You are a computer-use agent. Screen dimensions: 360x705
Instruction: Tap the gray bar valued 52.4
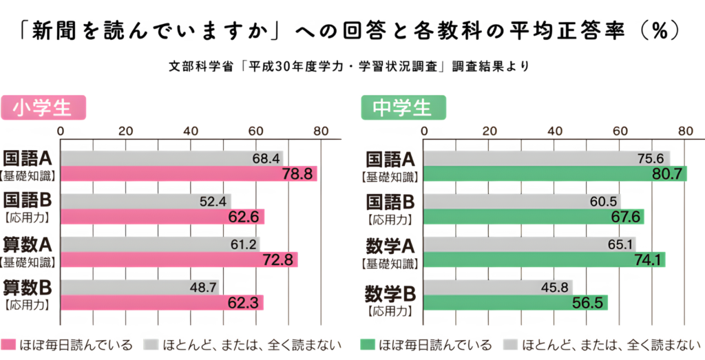pyautogui.click(x=145, y=201)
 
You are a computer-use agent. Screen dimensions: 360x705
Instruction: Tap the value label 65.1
pyautogui.click(x=616, y=244)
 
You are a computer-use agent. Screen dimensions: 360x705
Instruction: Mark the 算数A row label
pyautogui.click(x=28, y=245)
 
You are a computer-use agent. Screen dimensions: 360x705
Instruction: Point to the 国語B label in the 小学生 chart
pyautogui.click(x=28, y=201)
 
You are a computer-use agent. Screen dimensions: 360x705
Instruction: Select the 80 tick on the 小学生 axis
pyautogui.click(x=321, y=131)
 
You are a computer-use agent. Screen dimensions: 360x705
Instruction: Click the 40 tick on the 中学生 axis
pyautogui.click(x=555, y=131)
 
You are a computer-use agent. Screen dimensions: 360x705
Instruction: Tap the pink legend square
pyautogui.click(x=8, y=344)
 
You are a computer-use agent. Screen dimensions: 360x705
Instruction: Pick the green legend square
pyautogui.click(x=367, y=344)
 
